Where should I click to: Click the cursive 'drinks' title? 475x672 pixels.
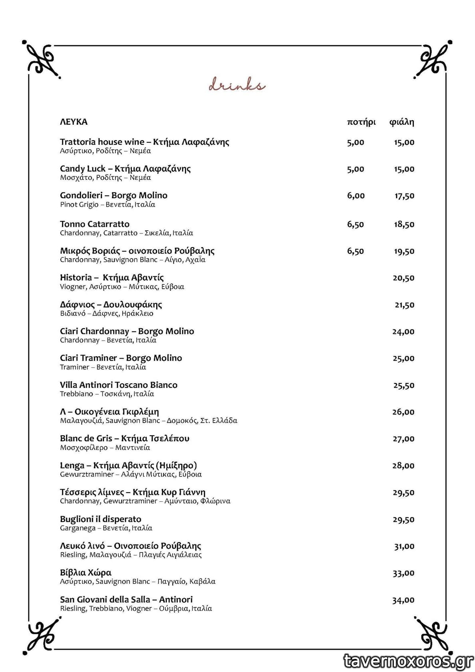click(237, 85)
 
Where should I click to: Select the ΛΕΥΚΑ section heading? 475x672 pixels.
click(74, 122)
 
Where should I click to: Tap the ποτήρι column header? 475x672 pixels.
click(361, 122)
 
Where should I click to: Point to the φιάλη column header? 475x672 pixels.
click(401, 122)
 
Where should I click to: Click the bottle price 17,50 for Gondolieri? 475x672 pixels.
click(404, 196)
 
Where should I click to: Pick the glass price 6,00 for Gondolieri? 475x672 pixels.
click(356, 195)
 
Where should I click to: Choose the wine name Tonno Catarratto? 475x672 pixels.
click(95, 224)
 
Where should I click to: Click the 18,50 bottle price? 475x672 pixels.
click(404, 224)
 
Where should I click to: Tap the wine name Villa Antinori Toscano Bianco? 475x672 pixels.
click(119, 385)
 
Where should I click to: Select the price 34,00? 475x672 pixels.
click(403, 600)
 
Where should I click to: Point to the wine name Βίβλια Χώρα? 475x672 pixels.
click(85, 572)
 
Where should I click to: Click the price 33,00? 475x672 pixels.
click(403, 573)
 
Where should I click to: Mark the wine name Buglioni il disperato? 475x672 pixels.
click(101, 519)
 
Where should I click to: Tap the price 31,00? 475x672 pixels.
click(404, 546)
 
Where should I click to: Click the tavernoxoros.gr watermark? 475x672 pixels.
click(408, 661)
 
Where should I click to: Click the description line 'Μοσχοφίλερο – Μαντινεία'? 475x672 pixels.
click(105, 448)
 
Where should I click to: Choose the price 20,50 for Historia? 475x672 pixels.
click(403, 278)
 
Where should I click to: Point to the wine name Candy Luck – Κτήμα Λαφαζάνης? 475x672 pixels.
click(125, 168)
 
